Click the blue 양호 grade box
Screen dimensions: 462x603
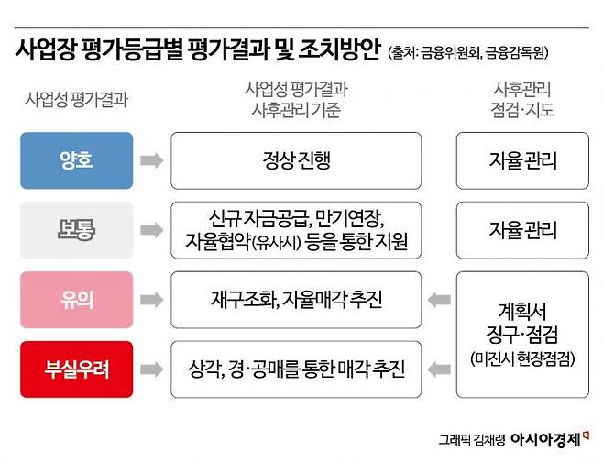77,161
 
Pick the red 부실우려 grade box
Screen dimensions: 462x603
77,368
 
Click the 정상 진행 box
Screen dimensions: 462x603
296,161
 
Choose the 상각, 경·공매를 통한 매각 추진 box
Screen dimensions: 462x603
296,368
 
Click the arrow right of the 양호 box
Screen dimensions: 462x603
152,161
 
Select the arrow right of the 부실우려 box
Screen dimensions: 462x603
152,368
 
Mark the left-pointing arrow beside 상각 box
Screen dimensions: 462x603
439,368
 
